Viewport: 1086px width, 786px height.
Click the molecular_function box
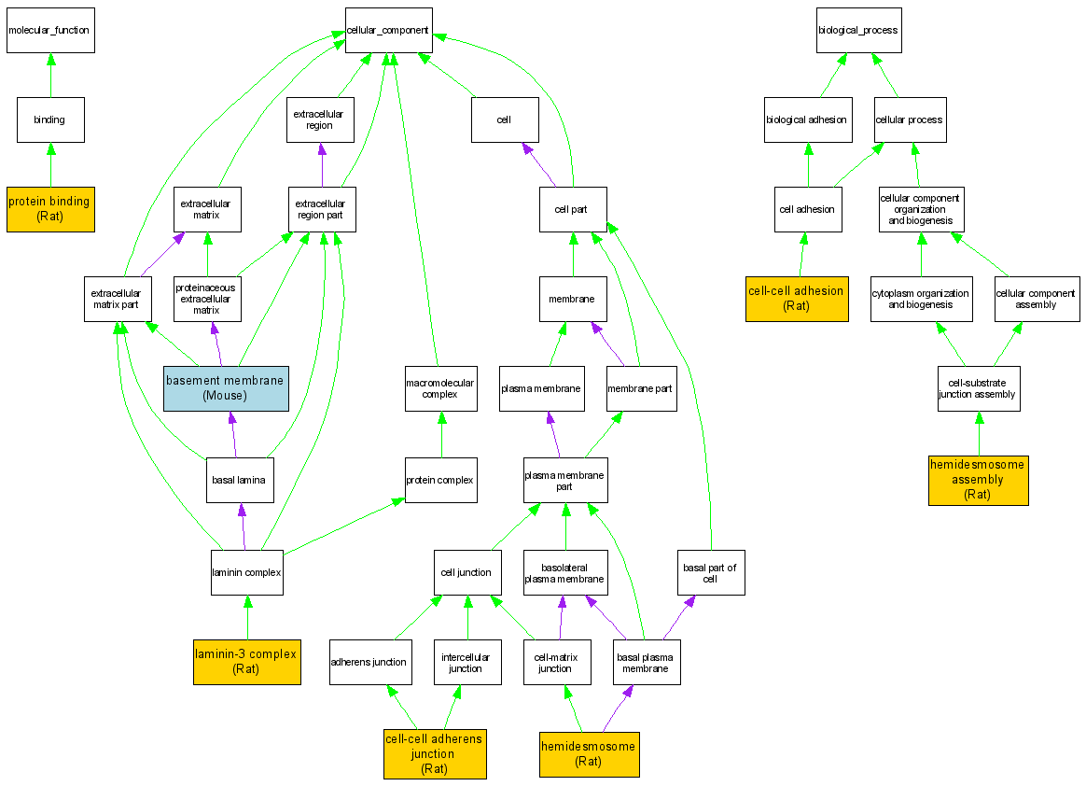(49, 30)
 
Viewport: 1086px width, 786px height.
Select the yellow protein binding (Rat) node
(49, 208)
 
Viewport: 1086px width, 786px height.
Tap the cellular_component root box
(387, 30)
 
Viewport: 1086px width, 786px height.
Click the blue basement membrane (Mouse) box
(226, 387)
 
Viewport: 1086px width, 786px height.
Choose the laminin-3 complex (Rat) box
(246, 661)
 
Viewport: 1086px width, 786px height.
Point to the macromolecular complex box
(440, 387)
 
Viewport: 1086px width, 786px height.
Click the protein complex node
(440, 481)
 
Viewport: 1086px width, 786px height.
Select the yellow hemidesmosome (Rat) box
(589, 753)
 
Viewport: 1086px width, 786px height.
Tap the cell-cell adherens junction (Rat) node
(435, 753)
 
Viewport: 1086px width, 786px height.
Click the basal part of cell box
(710, 572)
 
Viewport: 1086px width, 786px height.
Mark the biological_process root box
(858, 30)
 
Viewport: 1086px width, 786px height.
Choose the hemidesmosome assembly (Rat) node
(978, 479)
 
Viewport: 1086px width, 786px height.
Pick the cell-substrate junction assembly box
(978, 387)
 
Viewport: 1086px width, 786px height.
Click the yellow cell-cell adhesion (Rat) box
(797, 298)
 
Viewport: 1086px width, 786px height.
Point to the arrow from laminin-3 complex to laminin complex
(247, 617)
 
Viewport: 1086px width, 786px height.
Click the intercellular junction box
(466, 662)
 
